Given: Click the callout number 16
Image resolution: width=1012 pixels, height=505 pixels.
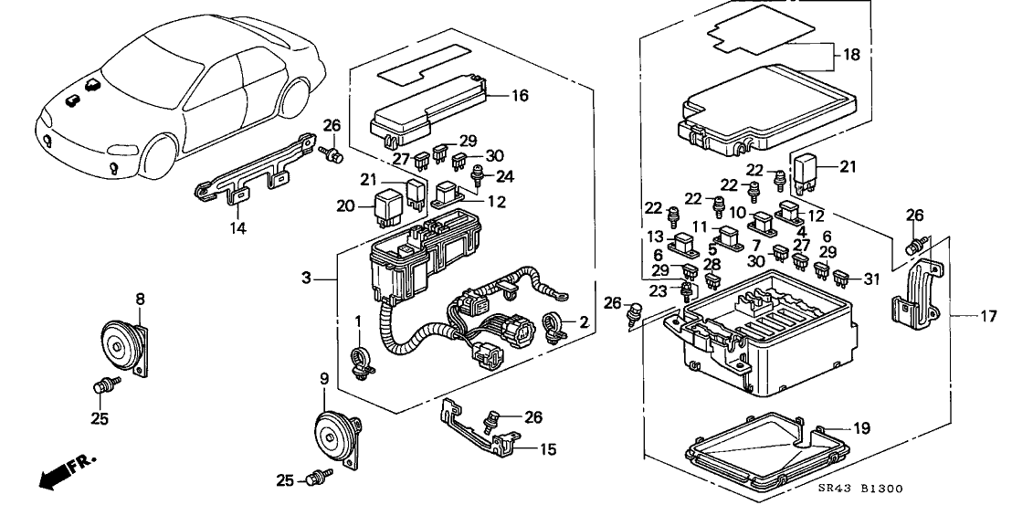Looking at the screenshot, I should coord(520,95).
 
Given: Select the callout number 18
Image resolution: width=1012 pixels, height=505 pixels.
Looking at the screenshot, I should coord(850,55).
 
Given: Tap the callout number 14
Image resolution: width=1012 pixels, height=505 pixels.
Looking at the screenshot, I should coord(238,229).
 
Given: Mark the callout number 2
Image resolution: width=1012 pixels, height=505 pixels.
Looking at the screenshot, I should coord(583,322).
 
